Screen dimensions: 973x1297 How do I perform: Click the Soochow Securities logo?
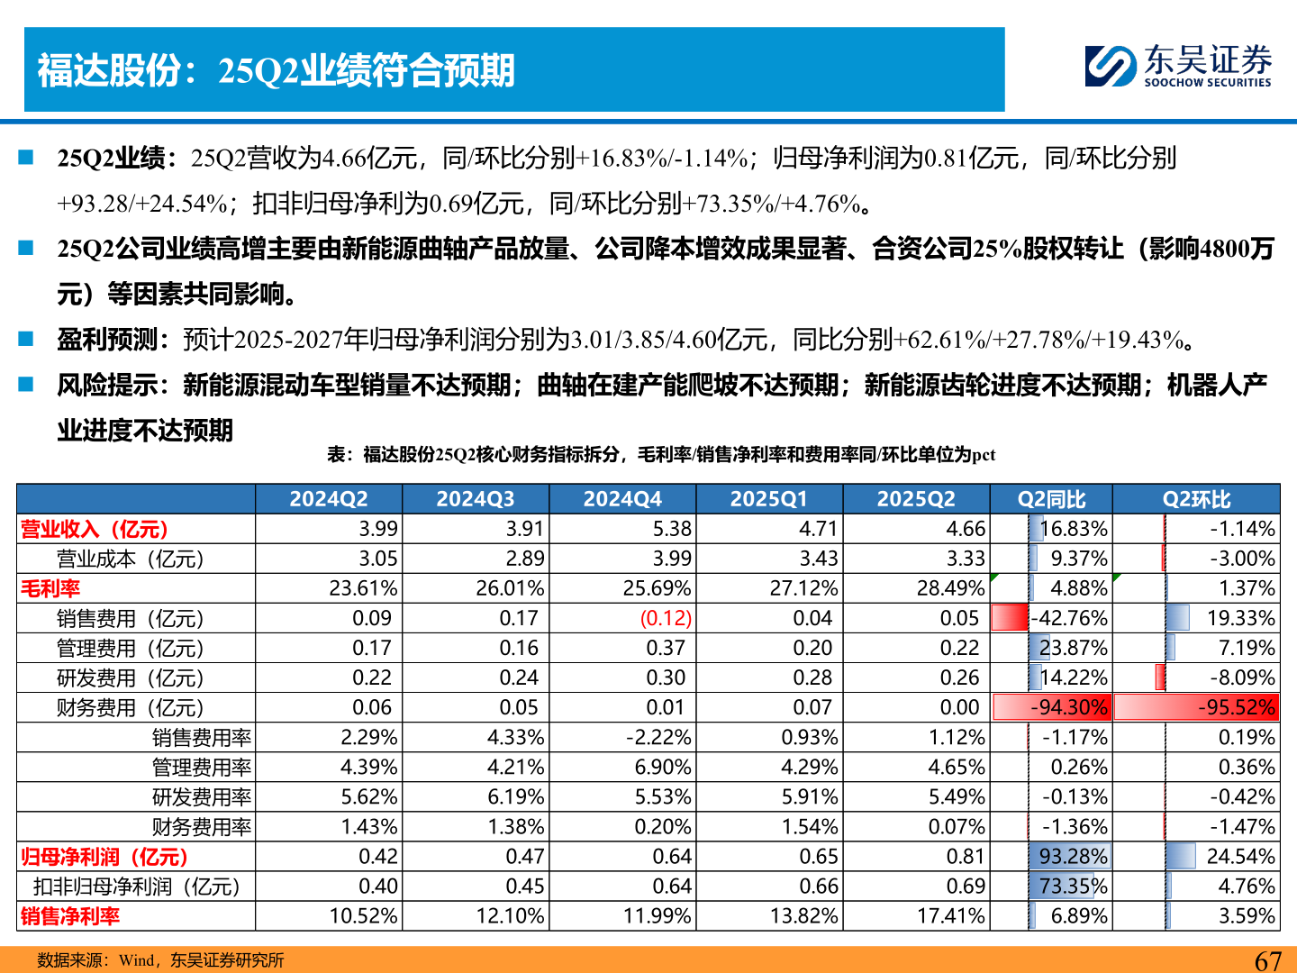(x=1177, y=66)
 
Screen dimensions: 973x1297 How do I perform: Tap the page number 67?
(x=1268, y=960)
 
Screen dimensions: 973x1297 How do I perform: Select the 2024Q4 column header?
(x=622, y=499)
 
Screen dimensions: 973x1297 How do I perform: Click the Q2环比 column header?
(x=1196, y=499)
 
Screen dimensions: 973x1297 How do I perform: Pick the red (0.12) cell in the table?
(x=666, y=618)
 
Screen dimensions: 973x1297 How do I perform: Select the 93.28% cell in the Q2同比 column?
(x=1073, y=856)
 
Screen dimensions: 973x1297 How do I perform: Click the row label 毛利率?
(x=50, y=588)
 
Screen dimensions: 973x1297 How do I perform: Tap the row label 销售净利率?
(x=70, y=916)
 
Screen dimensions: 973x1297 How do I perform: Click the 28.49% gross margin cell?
(x=951, y=588)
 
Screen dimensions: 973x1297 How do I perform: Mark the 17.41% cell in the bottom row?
(x=951, y=916)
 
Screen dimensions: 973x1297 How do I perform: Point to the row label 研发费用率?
(x=202, y=796)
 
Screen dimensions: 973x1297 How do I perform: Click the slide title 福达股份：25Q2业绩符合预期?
(x=277, y=70)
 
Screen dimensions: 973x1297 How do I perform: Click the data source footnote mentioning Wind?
(x=160, y=960)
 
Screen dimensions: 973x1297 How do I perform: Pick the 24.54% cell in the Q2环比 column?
(x=1240, y=856)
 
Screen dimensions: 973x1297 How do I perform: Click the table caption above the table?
(x=661, y=455)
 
